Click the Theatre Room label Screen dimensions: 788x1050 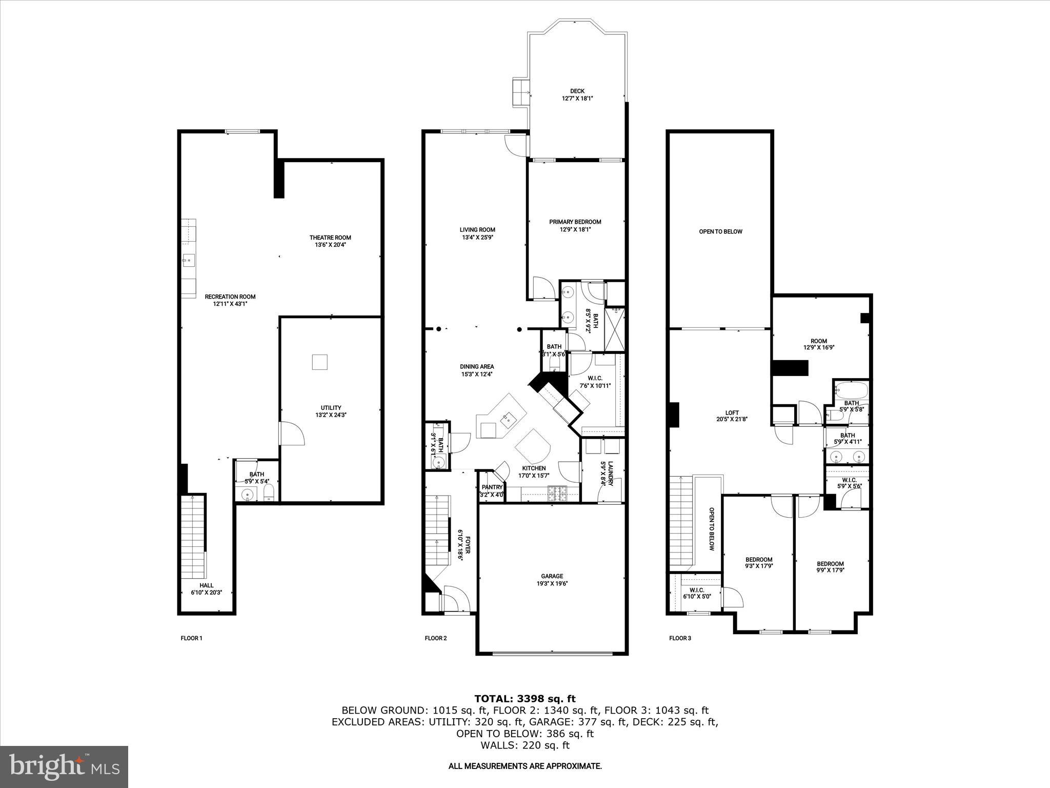pos(330,238)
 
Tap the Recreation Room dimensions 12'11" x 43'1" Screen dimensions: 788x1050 pos(230,304)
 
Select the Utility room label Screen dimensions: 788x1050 pos(331,408)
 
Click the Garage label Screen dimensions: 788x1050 pos(552,576)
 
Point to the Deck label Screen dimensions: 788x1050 pos(577,91)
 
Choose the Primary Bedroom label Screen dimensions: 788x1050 pos(575,222)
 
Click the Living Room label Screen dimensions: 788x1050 pos(477,230)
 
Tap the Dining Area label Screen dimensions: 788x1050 pos(476,366)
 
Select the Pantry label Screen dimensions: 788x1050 pos(492,487)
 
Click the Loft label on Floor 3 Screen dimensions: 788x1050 pos(732,412)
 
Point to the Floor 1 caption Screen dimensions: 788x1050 pos(191,638)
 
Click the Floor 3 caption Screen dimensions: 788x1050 pos(680,638)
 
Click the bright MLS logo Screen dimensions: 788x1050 pos(64,767)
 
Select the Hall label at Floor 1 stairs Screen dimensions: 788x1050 pos(207,585)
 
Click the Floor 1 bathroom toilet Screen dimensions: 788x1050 pos(269,495)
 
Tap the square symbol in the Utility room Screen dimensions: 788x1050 pos(319,362)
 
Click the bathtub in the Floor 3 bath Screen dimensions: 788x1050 pos(851,390)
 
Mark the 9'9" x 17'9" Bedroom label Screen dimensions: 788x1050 pos(830,564)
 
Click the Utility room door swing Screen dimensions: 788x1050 pos(292,434)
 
